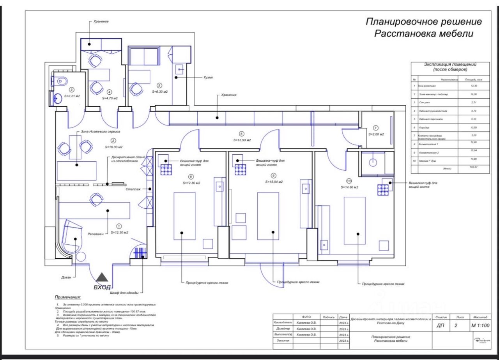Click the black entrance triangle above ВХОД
tap(103, 277)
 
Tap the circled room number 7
tap(376, 128)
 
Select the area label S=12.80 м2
tap(191, 183)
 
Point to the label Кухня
tap(208, 78)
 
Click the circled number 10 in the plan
tap(349, 181)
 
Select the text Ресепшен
tap(96, 235)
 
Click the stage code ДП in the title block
tap(438, 326)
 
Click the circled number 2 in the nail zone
tap(113, 141)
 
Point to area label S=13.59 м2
tap(242, 139)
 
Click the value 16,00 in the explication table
tap(474, 94)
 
